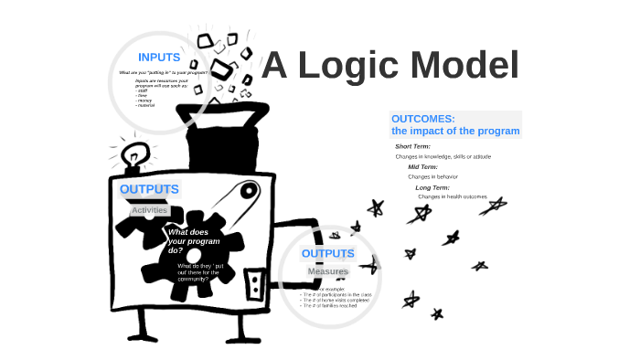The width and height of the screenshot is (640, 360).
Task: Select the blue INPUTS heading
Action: [x=159, y=58]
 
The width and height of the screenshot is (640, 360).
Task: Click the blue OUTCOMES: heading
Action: [x=422, y=119]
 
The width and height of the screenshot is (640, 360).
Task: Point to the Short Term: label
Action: [x=412, y=146]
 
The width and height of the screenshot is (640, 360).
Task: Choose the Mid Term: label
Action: [x=422, y=167]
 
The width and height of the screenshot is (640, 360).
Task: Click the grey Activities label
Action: [x=149, y=210]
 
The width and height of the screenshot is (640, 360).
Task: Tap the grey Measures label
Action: [x=327, y=271]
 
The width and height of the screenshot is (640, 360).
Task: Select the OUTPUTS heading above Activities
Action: [x=149, y=190]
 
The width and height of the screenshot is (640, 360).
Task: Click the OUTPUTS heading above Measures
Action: [x=327, y=253]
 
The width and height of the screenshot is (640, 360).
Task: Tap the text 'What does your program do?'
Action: [x=187, y=240]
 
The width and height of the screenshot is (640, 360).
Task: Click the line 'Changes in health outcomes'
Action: [x=453, y=196]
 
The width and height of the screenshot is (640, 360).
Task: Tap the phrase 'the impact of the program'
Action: [x=455, y=132]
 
